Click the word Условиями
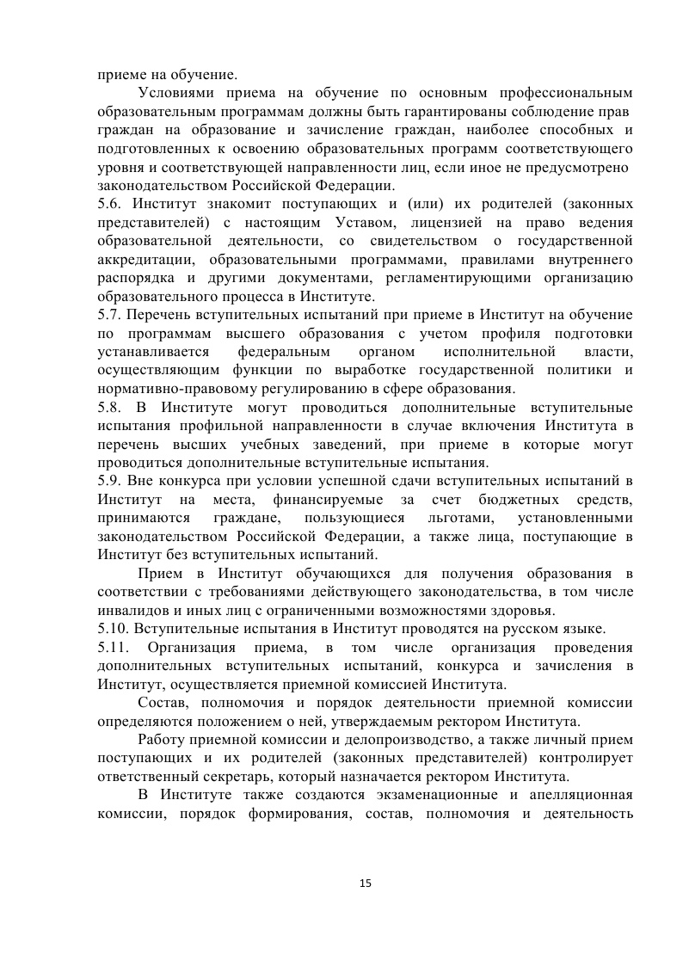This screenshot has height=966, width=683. tap(176, 92)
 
